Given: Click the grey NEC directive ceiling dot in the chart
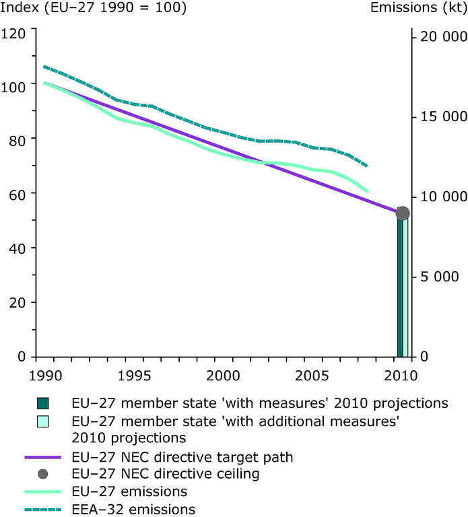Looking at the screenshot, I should [403, 213].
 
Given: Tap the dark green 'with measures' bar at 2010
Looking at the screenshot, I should [399, 289].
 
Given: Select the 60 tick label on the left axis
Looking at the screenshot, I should [18, 194].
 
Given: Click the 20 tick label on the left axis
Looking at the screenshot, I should [18, 302].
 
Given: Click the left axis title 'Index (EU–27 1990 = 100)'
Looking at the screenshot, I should [94, 9].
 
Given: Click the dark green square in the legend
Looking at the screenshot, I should [44, 404].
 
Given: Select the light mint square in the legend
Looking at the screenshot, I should [44, 423].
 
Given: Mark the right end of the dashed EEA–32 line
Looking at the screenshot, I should [368, 166].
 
